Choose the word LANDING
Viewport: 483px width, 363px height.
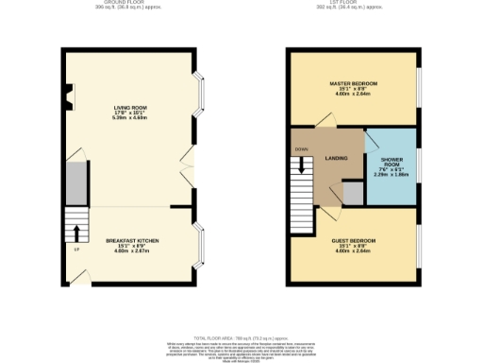(336, 158)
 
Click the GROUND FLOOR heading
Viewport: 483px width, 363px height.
(130, 4)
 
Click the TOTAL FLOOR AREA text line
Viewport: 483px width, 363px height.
(241, 337)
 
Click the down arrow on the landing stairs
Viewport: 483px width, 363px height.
(302, 166)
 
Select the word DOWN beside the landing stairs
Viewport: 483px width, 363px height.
(301, 149)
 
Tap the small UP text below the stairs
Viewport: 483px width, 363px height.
(75, 249)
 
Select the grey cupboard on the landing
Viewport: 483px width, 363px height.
(352, 194)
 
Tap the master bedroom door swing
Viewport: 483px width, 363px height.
(324, 118)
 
